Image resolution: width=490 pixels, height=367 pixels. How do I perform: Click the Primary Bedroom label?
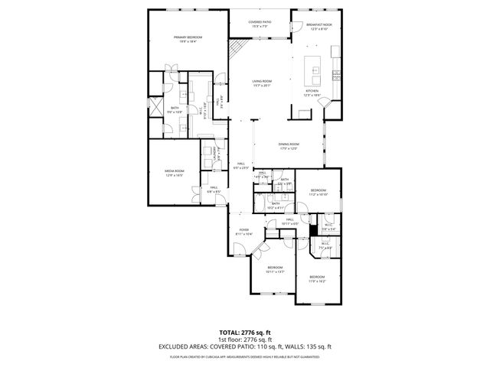point(185,37)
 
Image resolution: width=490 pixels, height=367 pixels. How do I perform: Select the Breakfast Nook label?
point(317,25)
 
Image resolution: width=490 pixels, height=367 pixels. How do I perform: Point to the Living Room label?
point(263,82)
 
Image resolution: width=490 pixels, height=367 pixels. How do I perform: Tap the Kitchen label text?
point(312,91)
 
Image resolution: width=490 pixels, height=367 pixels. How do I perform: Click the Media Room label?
point(175,171)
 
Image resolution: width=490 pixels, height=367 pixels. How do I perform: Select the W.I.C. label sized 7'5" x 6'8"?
point(325,245)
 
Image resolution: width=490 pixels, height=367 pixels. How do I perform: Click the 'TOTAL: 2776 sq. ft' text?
point(244,333)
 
